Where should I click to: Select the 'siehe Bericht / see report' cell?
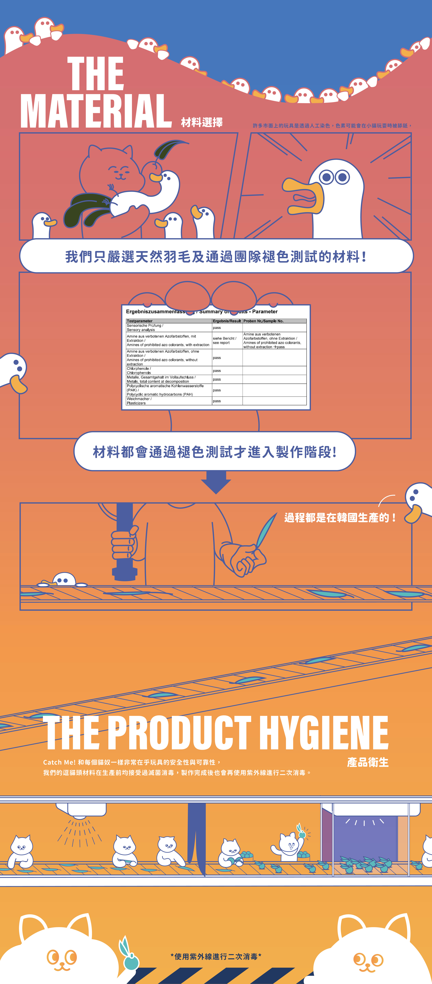point(225,340)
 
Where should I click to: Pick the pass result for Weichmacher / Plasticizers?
point(217,401)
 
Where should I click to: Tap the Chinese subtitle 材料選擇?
point(202,122)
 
